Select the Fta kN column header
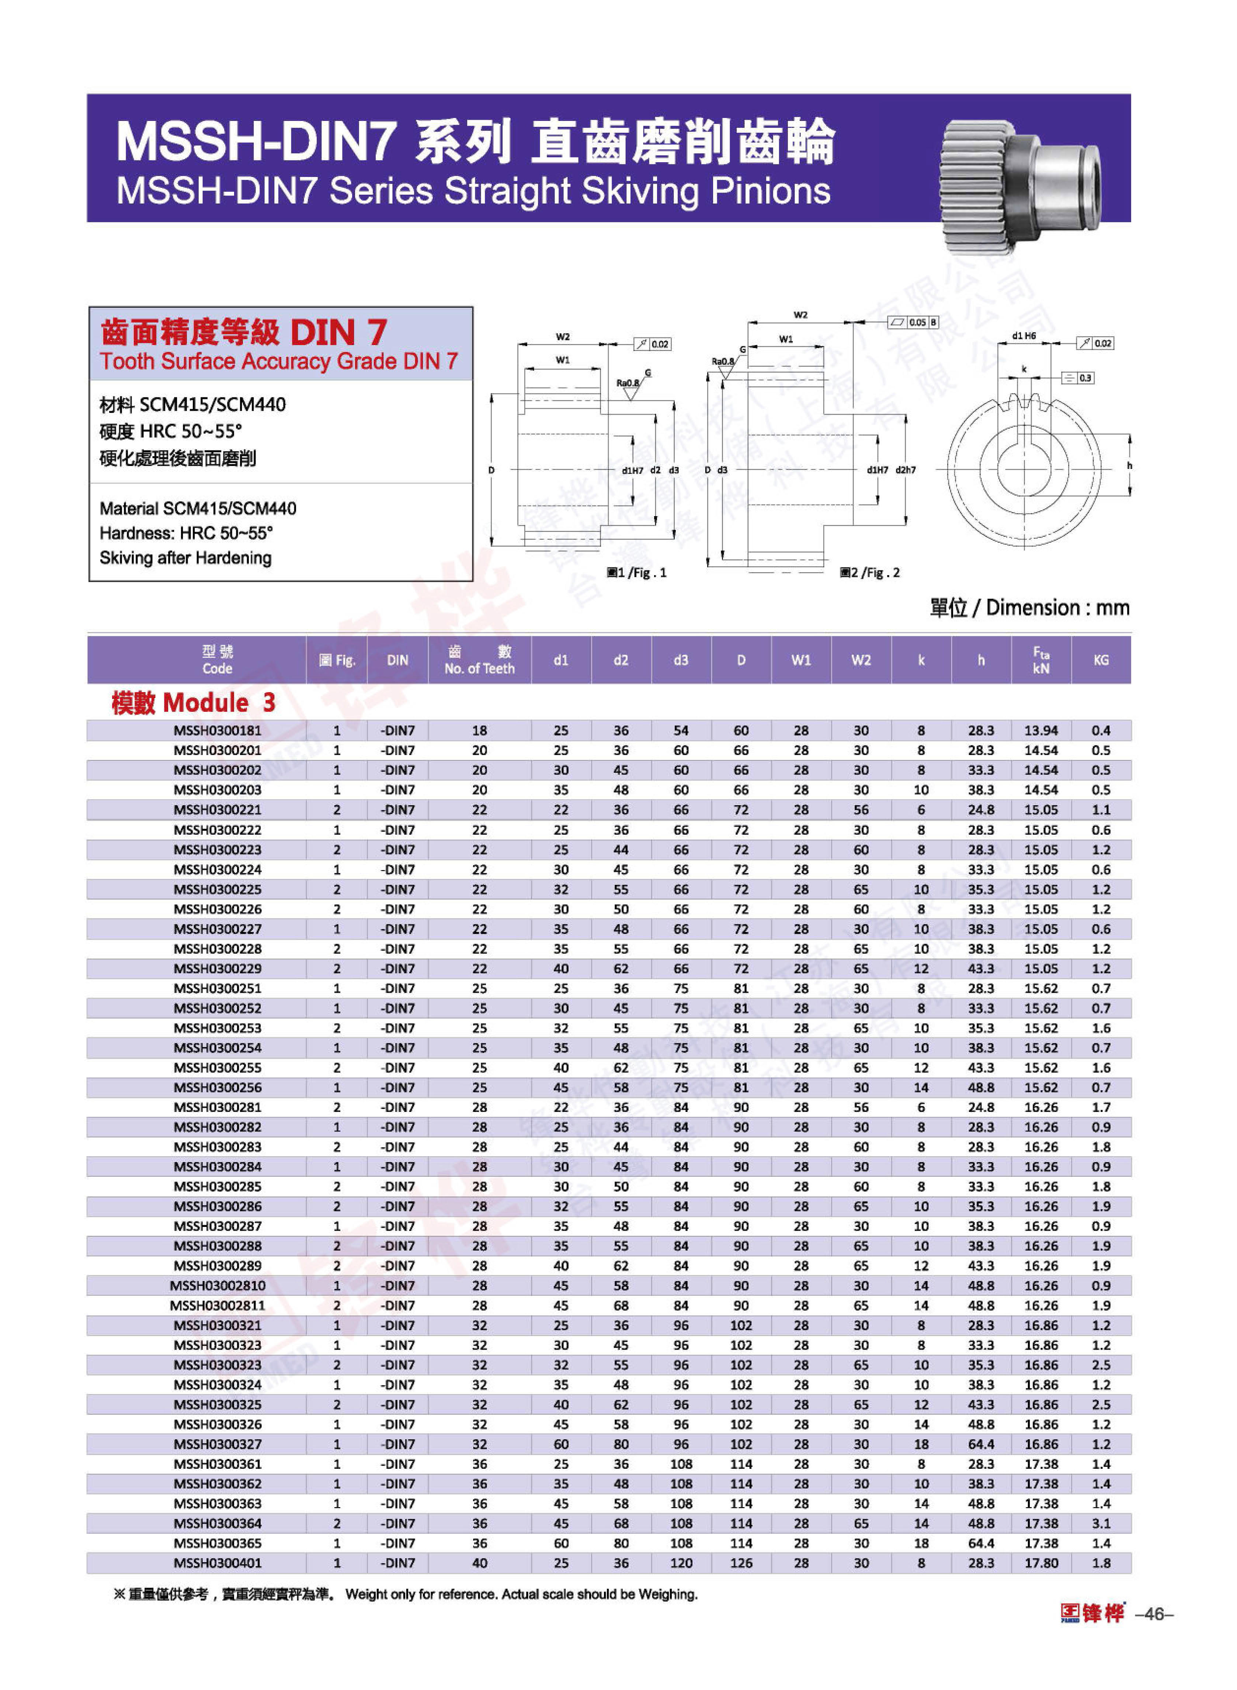tap(1041, 660)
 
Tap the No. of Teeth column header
tap(479, 660)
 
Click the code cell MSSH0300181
tap(217, 730)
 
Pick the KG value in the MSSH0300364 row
tap(1101, 1523)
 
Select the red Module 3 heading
tap(193, 702)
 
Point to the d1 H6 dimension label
tap(1024, 336)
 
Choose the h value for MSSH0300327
tap(981, 1444)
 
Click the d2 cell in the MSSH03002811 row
tap(621, 1305)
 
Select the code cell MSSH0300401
tap(217, 1563)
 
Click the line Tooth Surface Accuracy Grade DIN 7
tap(278, 362)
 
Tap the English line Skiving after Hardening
tap(186, 558)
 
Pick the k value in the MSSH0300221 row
tap(921, 810)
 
